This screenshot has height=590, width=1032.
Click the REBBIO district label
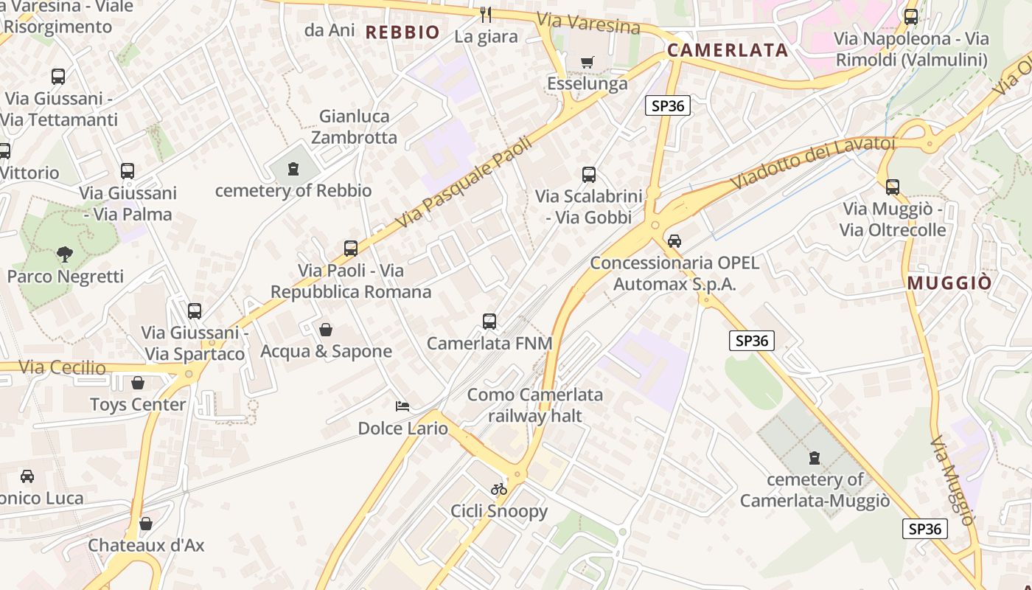[x=402, y=32]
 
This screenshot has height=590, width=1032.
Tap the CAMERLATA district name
[x=728, y=50]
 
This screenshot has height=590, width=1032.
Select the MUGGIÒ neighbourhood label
[x=949, y=283]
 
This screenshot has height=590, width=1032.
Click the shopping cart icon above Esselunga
[x=588, y=62]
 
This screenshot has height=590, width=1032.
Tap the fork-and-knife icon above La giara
[x=486, y=14]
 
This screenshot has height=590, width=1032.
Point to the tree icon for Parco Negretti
[x=65, y=255]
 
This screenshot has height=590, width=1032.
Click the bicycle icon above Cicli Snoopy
[x=499, y=488]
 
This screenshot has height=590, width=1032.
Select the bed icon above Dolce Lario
[x=402, y=406]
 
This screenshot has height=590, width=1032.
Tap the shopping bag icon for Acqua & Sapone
[x=326, y=329]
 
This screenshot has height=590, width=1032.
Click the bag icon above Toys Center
[x=138, y=382]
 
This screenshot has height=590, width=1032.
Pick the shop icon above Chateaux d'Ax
[x=146, y=524]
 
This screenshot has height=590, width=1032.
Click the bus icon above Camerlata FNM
[x=489, y=322]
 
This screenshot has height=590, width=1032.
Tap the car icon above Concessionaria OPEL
[x=674, y=240]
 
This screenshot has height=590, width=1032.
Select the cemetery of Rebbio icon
[x=293, y=170]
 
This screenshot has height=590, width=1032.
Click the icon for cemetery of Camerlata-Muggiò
[x=815, y=458]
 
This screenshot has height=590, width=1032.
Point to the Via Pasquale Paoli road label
[x=453, y=181]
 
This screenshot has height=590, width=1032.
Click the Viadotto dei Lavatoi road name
[x=812, y=162]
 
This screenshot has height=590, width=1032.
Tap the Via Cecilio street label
[x=63, y=367]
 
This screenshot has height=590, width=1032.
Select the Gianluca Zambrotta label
[x=354, y=127]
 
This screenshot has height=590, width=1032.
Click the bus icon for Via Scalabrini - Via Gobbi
[x=589, y=175]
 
